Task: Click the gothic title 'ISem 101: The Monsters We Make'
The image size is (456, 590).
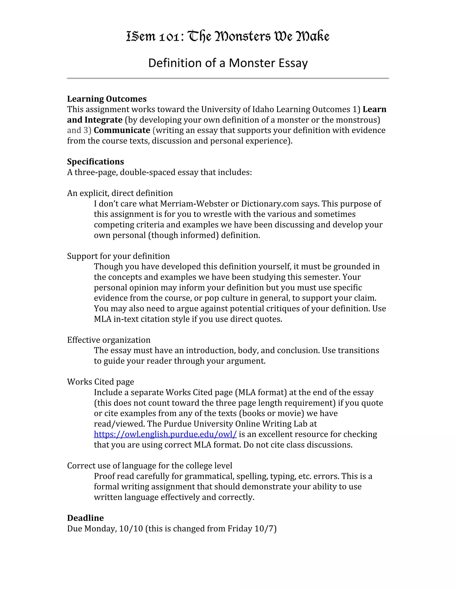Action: coord(228,37)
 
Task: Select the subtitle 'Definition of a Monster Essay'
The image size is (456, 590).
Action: coord(228,63)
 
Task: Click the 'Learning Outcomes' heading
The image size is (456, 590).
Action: coord(107,99)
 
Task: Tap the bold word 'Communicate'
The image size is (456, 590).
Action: coord(122,130)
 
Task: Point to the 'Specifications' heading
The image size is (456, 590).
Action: coord(95,162)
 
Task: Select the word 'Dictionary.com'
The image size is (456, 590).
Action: coord(270,203)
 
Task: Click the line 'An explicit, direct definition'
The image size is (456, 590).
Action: coord(120,193)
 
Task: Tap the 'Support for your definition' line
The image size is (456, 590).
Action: coord(118,256)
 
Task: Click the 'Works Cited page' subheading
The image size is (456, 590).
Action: coord(100,382)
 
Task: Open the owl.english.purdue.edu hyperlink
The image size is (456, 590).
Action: coord(165,434)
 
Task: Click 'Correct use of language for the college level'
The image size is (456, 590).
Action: coord(149,466)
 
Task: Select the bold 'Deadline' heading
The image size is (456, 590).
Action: coord(85,518)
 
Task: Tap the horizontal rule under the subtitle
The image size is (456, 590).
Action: coord(228,78)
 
